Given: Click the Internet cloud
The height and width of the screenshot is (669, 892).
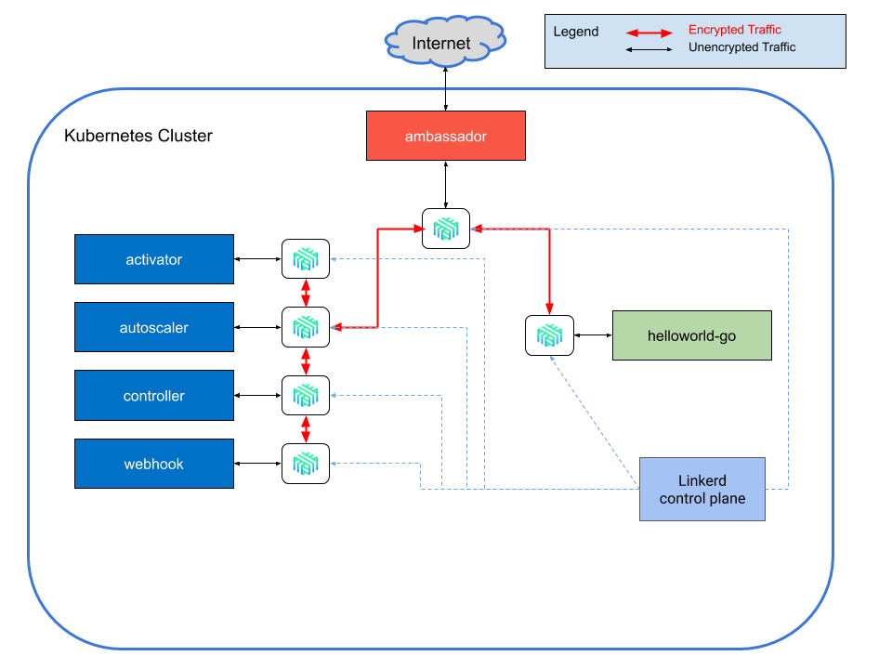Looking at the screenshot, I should pyautogui.click(x=445, y=43).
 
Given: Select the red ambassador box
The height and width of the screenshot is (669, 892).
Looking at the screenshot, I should pyautogui.click(x=446, y=136).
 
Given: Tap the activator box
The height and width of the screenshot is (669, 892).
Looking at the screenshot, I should pyautogui.click(x=154, y=259).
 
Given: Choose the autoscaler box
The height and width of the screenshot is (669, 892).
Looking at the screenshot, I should pyautogui.click(x=154, y=327).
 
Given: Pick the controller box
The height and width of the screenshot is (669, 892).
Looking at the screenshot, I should pyautogui.click(x=154, y=396).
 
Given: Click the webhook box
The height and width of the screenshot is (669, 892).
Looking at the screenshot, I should pyautogui.click(x=154, y=464).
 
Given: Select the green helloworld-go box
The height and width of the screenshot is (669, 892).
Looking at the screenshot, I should pyautogui.click(x=691, y=335).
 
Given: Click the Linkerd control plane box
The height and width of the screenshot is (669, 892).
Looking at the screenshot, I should pyautogui.click(x=702, y=490).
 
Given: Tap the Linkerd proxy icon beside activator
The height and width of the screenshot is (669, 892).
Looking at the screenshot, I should pyautogui.click(x=306, y=259).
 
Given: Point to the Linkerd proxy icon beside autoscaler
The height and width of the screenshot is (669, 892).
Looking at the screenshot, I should pyautogui.click(x=306, y=327).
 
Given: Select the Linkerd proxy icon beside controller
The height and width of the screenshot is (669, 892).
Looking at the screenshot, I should pyautogui.click(x=306, y=396).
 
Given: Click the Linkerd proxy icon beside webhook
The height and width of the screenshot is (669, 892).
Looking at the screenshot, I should pyautogui.click(x=306, y=464).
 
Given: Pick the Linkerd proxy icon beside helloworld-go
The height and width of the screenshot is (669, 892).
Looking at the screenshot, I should pyautogui.click(x=549, y=335).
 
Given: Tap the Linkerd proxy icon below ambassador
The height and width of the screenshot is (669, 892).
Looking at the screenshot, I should pyautogui.click(x=446, y=229).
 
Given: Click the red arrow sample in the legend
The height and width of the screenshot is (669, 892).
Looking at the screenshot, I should pyautogui.click(x=649, y=33).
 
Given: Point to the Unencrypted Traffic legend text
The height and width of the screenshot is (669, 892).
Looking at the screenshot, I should pyautogui.click(x=741, y=47).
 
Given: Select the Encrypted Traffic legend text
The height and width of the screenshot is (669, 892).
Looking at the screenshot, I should pyautogui.click(x=734, y=30).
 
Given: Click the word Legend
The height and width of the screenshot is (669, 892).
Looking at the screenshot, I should pyautogui.click(x=576, y=32).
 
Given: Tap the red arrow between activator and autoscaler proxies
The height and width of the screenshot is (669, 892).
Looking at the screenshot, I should pyautogui.click(x=306, y=294).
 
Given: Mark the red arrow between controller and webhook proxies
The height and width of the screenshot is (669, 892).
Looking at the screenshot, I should pyautogui.click(x=306, y=429).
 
